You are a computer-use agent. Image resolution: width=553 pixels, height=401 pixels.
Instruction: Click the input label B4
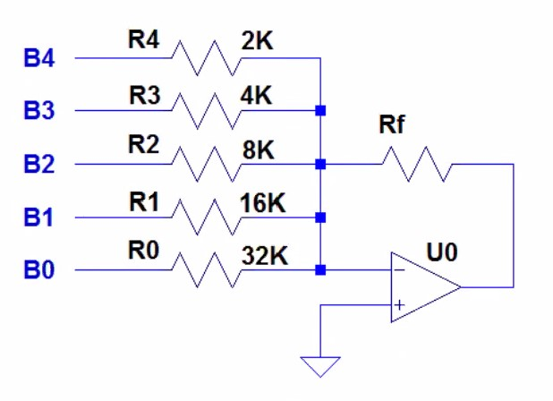[x=38, y=59]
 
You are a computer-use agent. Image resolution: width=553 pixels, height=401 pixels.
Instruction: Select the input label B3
[x=38, y=112]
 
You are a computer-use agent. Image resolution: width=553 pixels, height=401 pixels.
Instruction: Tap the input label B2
[x=38, y=165]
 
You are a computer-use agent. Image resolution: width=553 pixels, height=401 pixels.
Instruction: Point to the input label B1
[x=38, y=218]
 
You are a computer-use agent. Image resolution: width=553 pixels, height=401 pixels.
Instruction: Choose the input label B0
[x=38, y=269]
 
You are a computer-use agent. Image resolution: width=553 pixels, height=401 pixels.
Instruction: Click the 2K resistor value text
[x=259, y=40]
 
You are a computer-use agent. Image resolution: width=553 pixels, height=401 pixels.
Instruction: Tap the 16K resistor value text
[x=261, y=201]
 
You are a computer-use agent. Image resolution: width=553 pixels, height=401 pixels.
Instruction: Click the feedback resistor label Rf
[x=392, y=126]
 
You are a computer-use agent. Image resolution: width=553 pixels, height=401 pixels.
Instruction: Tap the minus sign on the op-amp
[x=399, y=269]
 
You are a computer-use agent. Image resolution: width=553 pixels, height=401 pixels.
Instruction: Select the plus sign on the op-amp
[x=399, y=305]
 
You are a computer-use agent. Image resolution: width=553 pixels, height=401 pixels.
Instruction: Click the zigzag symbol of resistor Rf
[x=416, y=165]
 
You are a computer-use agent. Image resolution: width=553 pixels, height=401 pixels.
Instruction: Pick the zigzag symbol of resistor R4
[x=205, y=58]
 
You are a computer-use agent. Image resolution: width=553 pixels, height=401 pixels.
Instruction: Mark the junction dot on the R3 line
[x=319, y=111]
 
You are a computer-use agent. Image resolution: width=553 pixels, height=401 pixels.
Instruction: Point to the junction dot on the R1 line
[x=319, y=217]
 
